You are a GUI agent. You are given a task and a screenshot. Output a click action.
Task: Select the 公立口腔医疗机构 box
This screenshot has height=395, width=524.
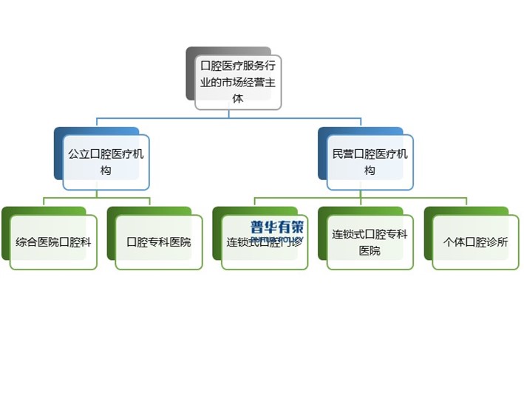[x=106, y=162]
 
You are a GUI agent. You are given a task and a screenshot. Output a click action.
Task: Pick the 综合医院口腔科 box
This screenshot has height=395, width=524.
[x=53, y=242]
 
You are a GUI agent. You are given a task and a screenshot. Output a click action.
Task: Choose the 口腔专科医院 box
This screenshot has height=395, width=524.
[x=159, y=242]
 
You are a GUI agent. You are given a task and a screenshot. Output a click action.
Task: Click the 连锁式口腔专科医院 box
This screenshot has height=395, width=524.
[x=370, y=242]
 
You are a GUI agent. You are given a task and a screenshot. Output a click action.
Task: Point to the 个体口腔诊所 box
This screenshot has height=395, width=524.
[x=475, y=242]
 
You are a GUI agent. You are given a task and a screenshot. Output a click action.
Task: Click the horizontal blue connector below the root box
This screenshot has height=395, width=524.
[x=229, y=117]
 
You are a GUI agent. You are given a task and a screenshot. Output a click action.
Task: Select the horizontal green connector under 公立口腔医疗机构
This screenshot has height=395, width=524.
[x=97, y=198]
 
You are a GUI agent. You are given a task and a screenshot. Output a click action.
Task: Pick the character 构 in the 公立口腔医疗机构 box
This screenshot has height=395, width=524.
[x=106, y=171]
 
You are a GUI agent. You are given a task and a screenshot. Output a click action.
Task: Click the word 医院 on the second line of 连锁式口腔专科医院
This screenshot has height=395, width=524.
[x=370, y=251]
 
